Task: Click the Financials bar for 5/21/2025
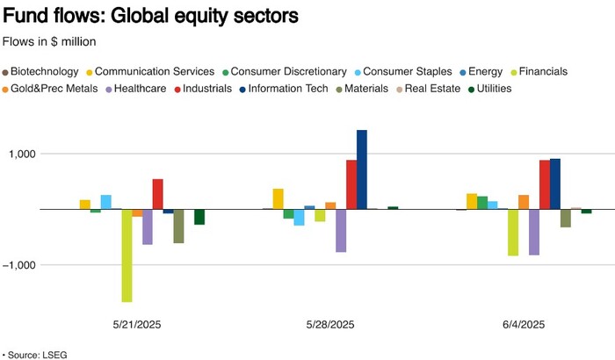pyautogui.click(x=127, y=256)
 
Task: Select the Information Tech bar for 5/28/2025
pyautogui.click(x=362, y=169)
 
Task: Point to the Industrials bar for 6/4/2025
pyautogui.click(x=545, y=184)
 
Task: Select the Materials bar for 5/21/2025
pyautogui.click(x=179, y=226)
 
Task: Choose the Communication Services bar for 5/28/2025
pyautogui.click(x=279, y=198)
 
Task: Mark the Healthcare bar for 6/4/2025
pyautogui.click(x=534, y=232)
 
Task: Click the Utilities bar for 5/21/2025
pyautogui.click(x=199, y=217)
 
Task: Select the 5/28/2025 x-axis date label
pyautogui.click(x=330, y=324)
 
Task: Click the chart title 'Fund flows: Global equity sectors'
pyautogui.click(x=150, y=16)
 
